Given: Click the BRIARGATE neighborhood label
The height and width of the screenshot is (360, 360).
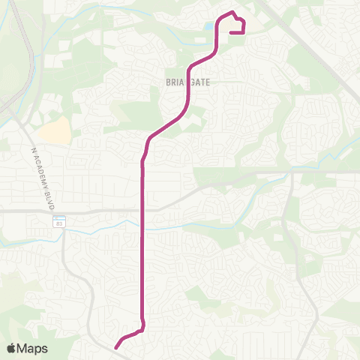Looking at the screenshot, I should click(x=188, y=82).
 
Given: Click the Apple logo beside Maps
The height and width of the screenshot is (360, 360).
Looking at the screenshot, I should click(x=12, y=348).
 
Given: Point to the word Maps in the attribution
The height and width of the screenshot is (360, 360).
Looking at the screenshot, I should click(x=33, y=348).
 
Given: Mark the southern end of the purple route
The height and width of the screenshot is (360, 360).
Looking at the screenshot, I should click(x=116, y=347).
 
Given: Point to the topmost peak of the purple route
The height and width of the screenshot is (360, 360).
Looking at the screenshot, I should click(x=232, y=12).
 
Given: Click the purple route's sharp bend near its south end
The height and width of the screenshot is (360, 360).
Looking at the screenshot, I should click(x=142, y=327).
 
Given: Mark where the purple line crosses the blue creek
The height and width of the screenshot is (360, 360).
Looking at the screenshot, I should click(x=142, y=223).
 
